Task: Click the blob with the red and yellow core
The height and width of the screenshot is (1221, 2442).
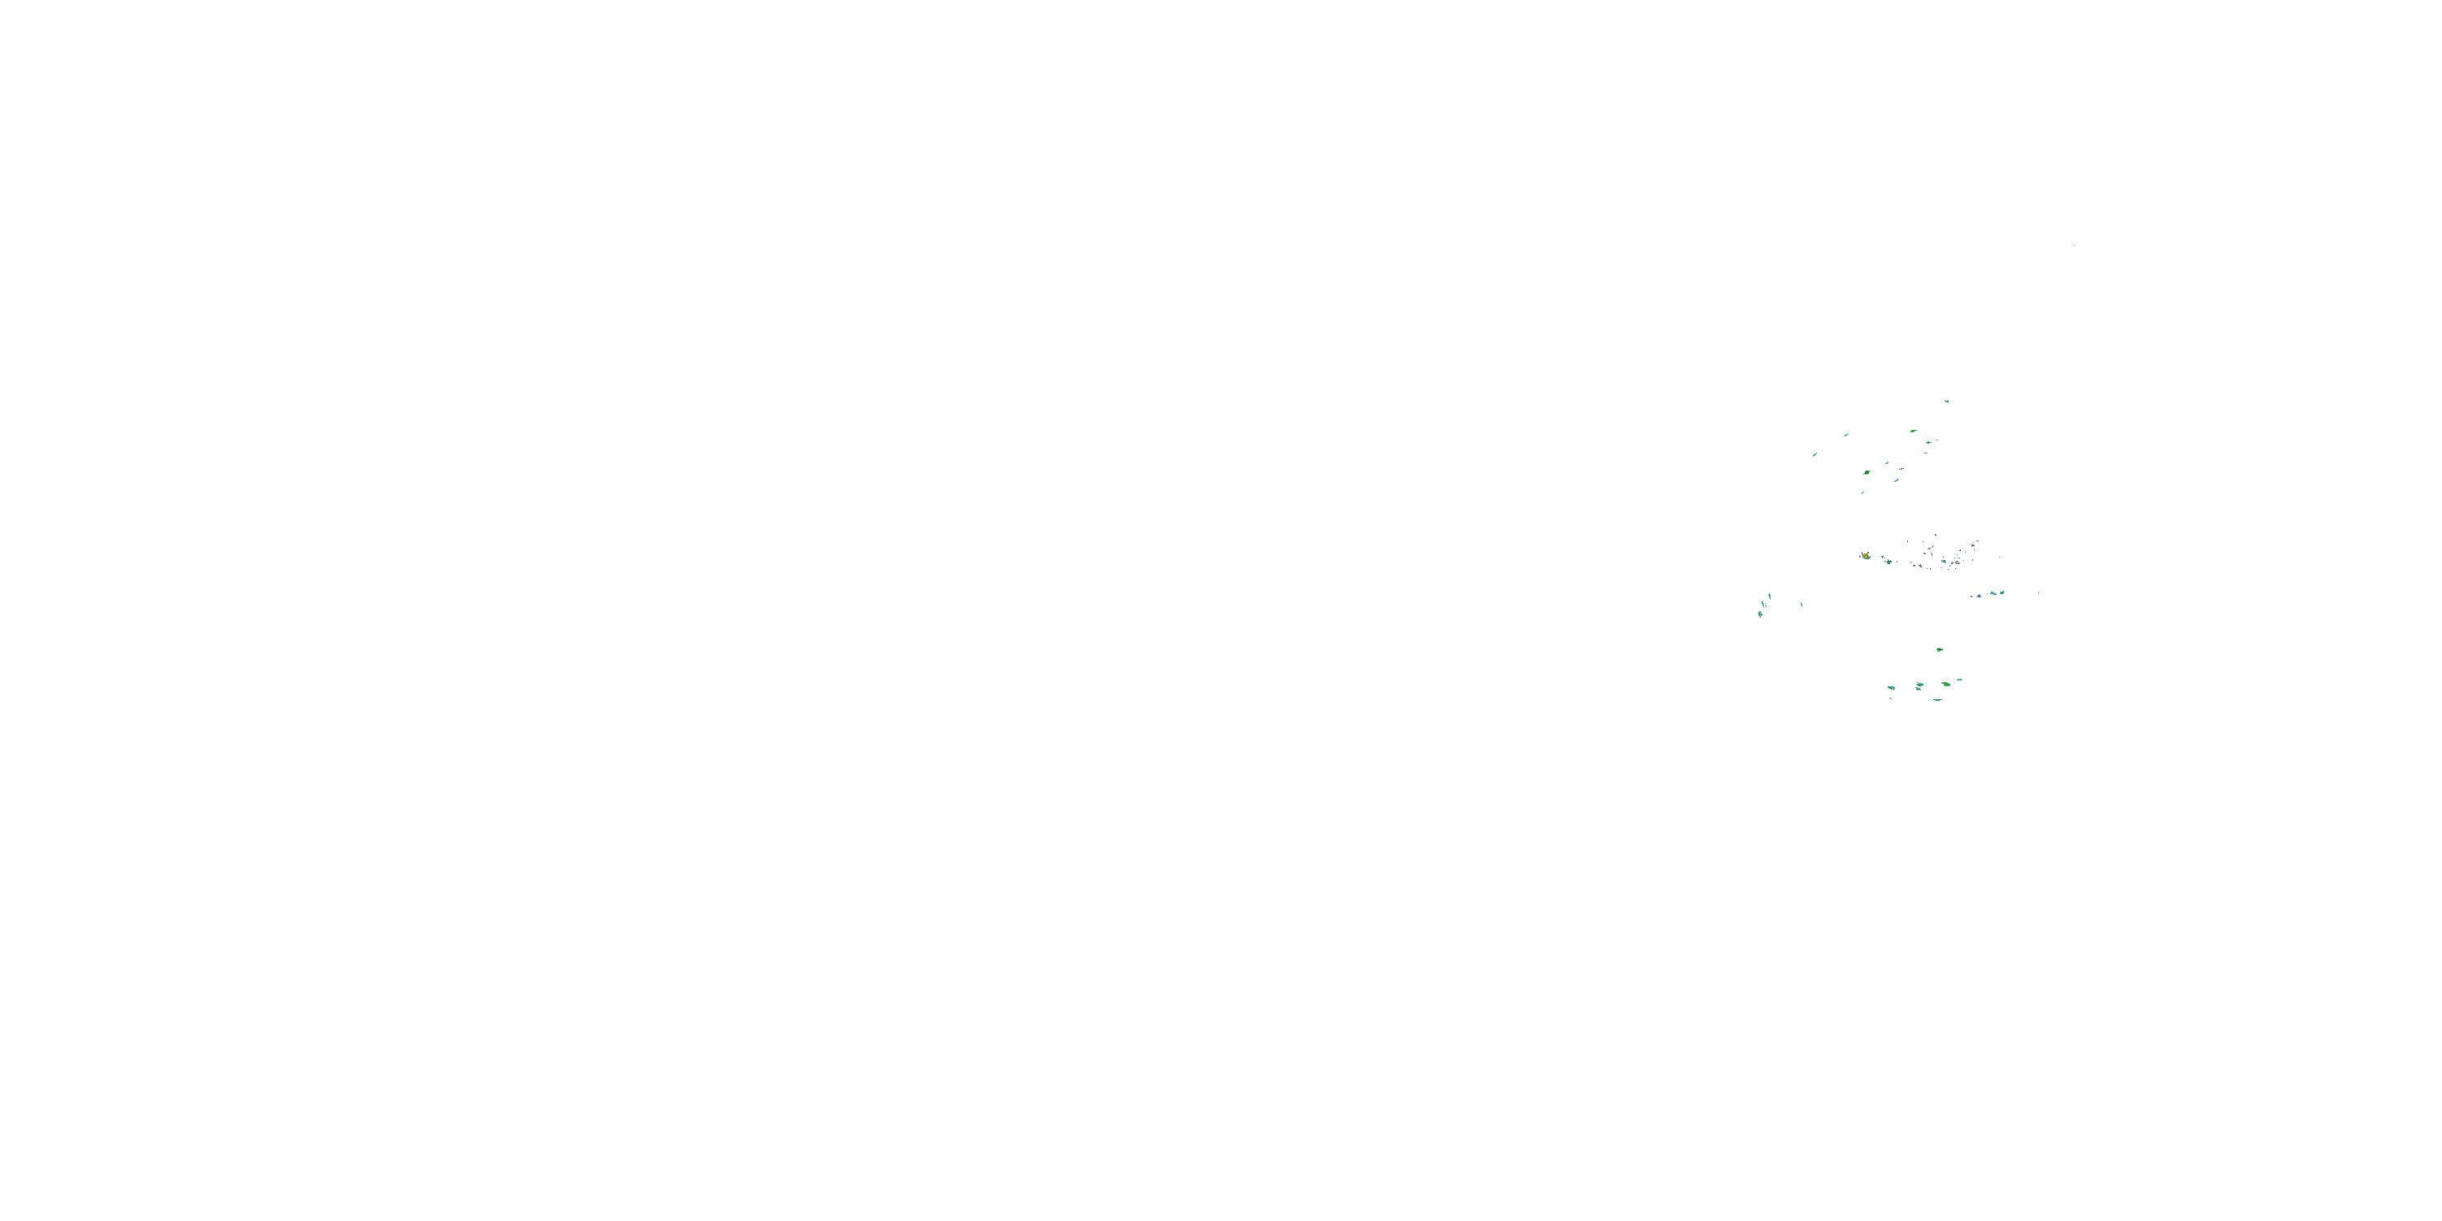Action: (x=1866, y=555)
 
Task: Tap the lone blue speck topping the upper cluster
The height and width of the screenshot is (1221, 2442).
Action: (x=1947, y=401)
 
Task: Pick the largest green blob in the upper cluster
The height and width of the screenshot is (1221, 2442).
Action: (x=1867, y=472)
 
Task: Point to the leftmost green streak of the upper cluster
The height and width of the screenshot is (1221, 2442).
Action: (x=1814, y=455)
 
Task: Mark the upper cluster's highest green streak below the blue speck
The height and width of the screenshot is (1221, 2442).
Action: (x=1913, y=431)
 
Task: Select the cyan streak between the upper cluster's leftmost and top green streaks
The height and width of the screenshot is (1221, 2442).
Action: (x=1845, y=434)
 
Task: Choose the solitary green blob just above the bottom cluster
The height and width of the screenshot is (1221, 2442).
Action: (x=1940, y=650)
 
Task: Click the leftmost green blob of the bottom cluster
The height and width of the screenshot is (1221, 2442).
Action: (x=1890, y=686)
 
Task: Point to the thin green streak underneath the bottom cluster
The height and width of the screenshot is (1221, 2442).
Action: (x=1937, y=699)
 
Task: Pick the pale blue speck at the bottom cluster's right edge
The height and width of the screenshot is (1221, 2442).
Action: (x=1959, y=680)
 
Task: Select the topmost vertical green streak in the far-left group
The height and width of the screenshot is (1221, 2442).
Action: (x=1769, y=595)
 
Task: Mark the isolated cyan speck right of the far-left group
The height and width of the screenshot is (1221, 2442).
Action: (x=1801, y=604)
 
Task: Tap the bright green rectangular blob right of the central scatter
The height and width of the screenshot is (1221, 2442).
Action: (x=2000, y=593)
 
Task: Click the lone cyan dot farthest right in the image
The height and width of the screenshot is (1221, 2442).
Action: (x=2038, y=593)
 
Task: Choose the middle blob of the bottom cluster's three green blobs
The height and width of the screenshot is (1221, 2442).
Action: (x=1919, y=685)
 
